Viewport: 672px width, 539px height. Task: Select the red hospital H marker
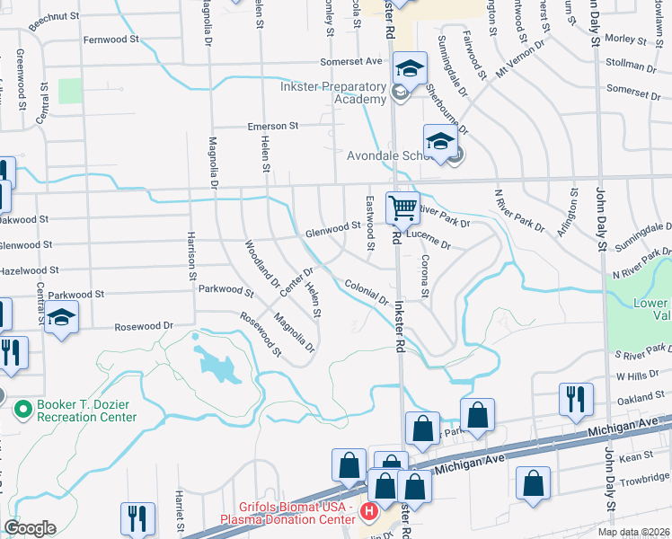367,512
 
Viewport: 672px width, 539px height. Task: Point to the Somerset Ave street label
352,62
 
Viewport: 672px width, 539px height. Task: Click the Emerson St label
273,127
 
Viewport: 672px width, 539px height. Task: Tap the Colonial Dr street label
366,291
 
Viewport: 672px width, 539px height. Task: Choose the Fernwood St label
111,40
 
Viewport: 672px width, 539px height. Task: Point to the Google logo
30,527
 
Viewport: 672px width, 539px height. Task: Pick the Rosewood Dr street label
143,326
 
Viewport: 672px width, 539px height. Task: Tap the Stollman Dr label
632,66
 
